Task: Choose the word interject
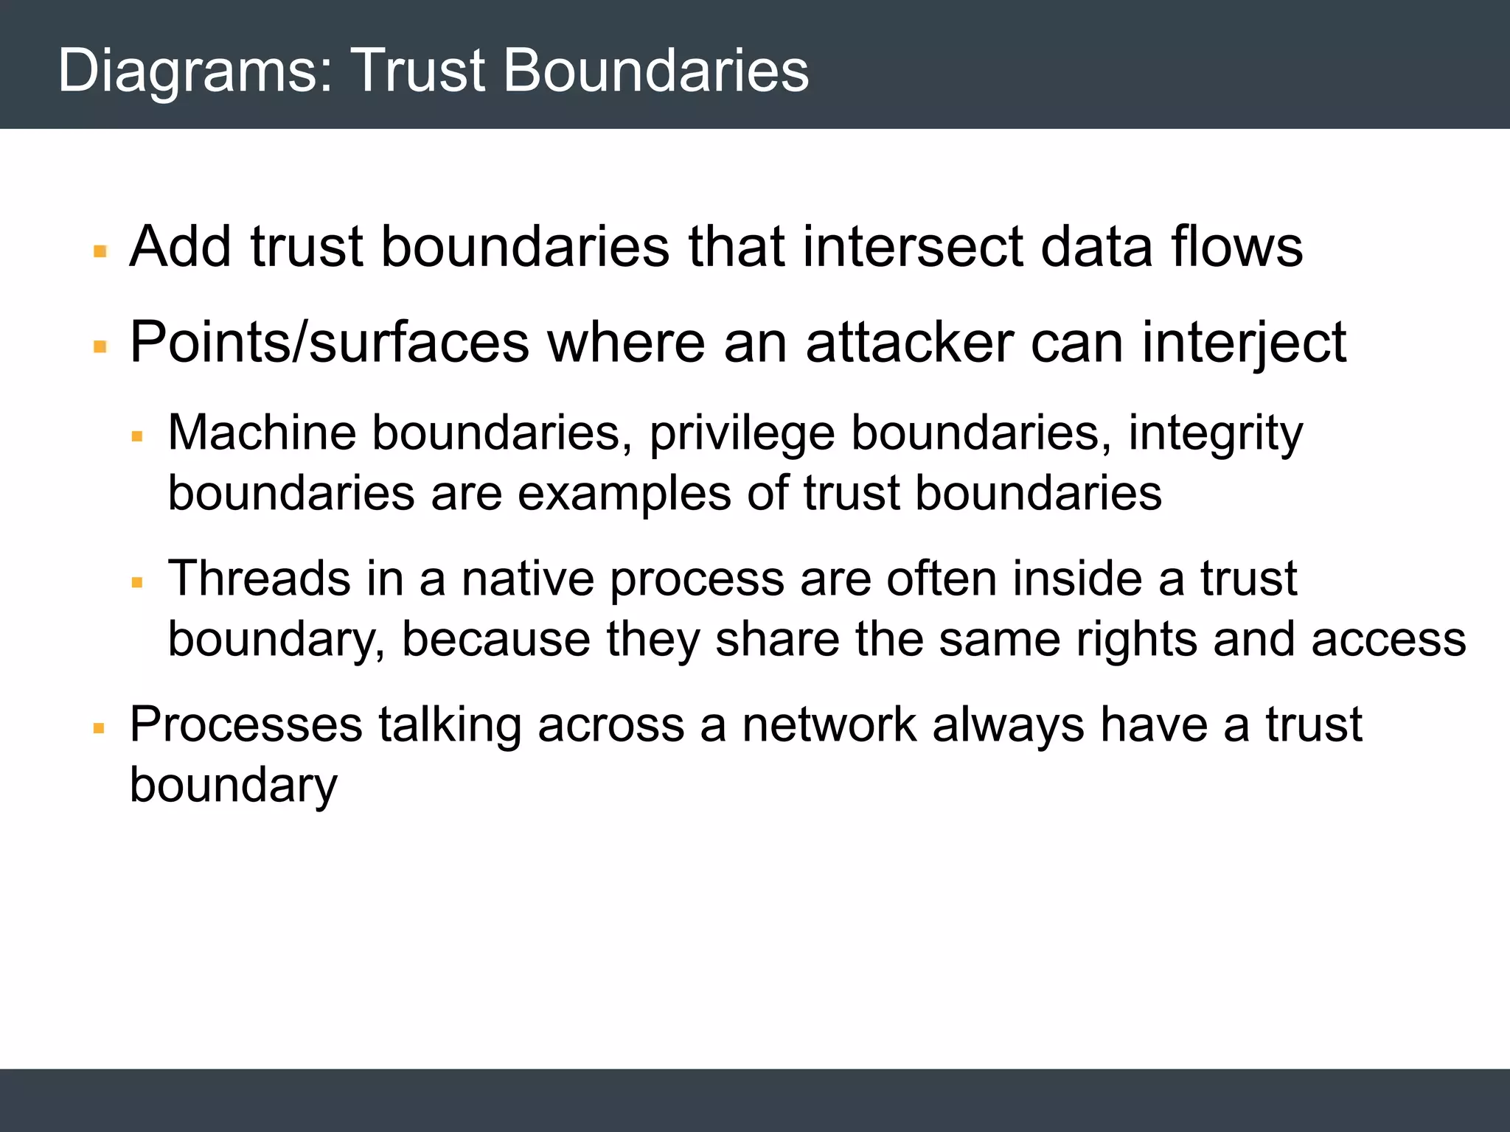coord(1244,344)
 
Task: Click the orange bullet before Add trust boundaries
coord(100,252)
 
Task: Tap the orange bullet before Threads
coord(137,583)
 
